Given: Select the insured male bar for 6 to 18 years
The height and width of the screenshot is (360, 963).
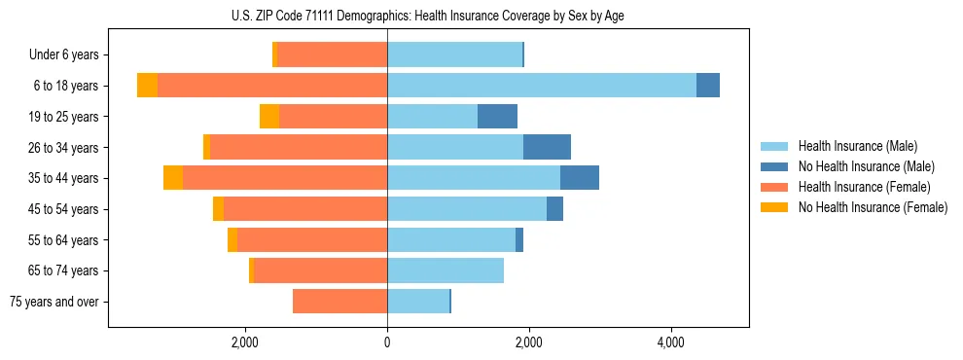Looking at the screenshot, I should point(542,86).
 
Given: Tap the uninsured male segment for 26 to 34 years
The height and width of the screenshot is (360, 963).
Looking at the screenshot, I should point(547,147).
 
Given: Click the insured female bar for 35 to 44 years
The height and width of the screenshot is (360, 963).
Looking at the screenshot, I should point(285,178).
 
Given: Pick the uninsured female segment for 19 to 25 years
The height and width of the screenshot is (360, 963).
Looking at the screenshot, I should point(269,117).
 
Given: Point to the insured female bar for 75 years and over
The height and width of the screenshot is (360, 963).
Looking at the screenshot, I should point(339,302).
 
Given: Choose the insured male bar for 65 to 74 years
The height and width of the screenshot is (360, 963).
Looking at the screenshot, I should point(446,270).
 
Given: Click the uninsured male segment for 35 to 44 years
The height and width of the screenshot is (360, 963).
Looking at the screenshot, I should point(580,178).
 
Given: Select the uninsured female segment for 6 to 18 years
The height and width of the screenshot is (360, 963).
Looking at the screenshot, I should point(147,86).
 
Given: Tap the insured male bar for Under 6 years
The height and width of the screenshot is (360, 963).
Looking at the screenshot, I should point(454,54).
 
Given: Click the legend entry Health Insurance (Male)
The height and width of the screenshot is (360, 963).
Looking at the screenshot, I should point(856,146).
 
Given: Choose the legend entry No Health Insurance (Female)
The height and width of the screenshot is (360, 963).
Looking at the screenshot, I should point(872,207).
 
